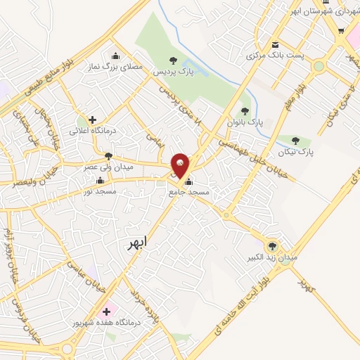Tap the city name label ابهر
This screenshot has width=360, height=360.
137,244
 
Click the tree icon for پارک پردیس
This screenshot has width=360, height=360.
173,60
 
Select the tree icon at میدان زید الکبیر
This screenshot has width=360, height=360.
274,245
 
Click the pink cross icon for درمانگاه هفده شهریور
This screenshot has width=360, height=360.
106,311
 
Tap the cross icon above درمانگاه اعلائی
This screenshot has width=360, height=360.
92,120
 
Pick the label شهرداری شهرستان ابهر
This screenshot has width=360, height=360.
324,11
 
